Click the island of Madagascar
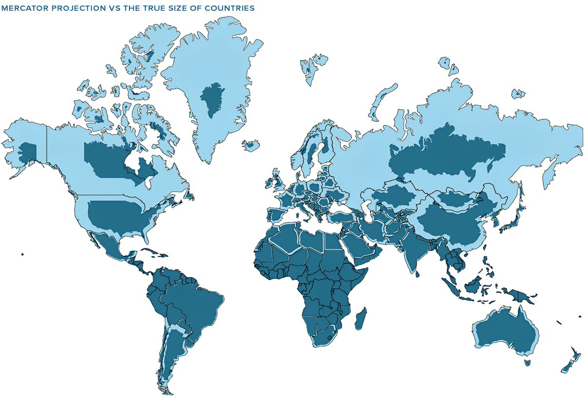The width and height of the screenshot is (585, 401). (x=361, y=317)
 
